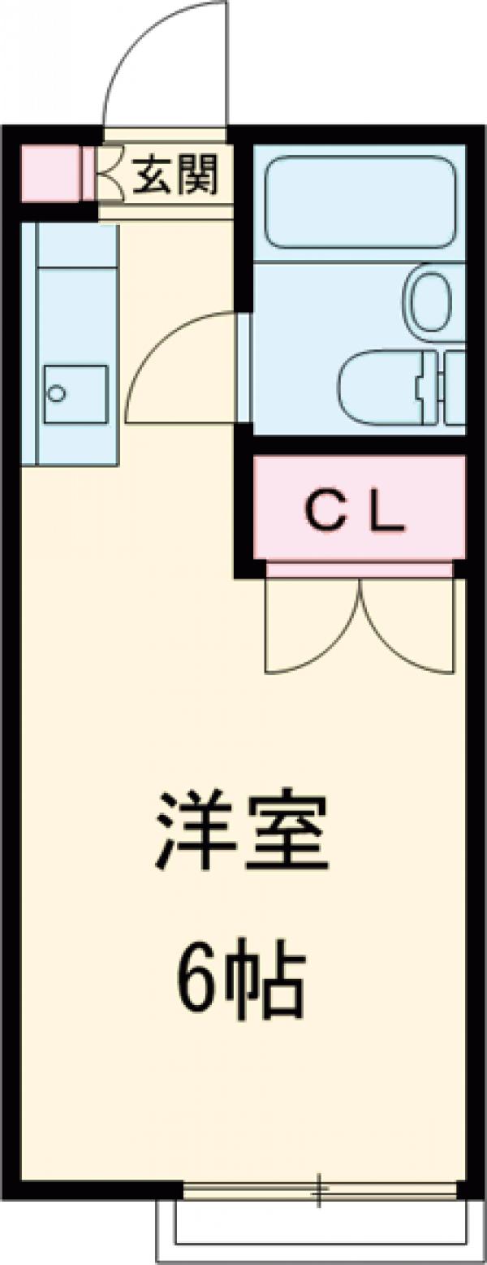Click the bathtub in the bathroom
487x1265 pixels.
[x=360, y=201]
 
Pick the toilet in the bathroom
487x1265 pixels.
[x=381, y=387]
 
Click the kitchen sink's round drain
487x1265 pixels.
[x=57, y=393]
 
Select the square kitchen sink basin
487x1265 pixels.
[x=75, y=394]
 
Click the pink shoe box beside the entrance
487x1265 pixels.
[x=50, y=173]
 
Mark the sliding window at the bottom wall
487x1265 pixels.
[x=321, y=1192]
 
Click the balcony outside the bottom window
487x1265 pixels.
[x=321, y=1227]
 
